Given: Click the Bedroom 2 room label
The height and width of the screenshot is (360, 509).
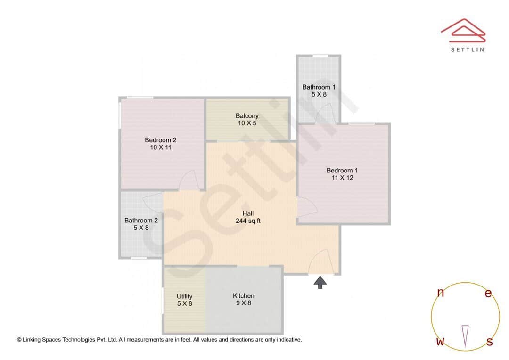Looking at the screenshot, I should click(x=160, y=140).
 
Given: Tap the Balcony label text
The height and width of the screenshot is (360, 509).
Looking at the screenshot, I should click(x=247, y=116).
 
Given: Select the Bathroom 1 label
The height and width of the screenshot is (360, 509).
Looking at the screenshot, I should click(x=319, y=87).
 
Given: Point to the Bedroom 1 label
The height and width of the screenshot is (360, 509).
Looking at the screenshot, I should click(x=342, y=171).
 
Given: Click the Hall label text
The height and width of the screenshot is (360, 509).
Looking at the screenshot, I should click(x=248, y=213).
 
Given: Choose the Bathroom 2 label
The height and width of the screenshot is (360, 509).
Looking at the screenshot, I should click(x=141, y=221).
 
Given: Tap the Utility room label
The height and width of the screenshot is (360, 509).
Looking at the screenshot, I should click(x=184, y=296).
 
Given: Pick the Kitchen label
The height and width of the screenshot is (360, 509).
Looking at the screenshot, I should click(x=243, y=296).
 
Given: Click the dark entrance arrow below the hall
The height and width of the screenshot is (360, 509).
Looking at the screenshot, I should click(x=320, y=282).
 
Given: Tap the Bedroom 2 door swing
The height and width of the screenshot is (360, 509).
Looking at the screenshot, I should click(x=188, y=180).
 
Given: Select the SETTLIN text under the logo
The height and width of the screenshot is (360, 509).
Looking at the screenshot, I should click(x=467, y=49).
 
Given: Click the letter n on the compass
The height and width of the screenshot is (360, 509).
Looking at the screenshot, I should click(x=441, y=293).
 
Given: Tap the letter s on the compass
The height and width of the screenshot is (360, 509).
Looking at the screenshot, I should click(x=490, y=342).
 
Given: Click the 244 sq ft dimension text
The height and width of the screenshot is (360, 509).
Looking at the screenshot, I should click(x=248, y=221).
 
